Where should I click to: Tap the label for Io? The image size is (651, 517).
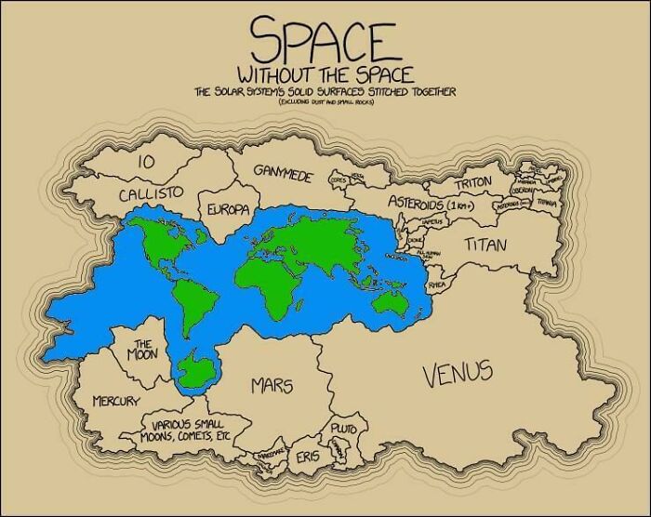click(145, 161)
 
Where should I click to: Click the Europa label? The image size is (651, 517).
click(227, 209)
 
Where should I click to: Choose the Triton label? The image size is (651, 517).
click(474, 182)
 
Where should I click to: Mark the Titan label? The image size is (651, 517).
click(486, 245)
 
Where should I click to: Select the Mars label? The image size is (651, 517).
click(271, 384)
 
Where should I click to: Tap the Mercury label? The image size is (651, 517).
click(116, 401)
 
